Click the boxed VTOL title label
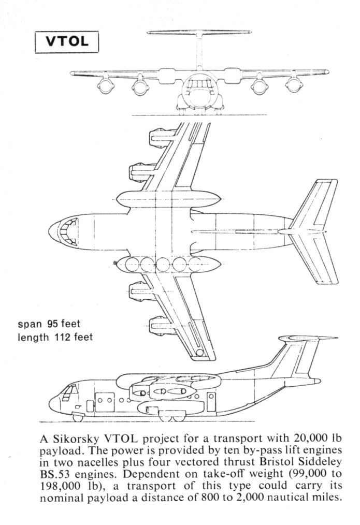tap(67, 42)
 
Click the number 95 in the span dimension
tap(53, 324)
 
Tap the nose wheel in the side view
tap(78, 417)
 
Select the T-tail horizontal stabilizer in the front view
tap(199, 32)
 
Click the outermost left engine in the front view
tap(106, 86)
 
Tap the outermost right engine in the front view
tap(294, 85)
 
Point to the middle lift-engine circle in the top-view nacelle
tap(163, 265)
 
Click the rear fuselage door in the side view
tap(211, 402)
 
